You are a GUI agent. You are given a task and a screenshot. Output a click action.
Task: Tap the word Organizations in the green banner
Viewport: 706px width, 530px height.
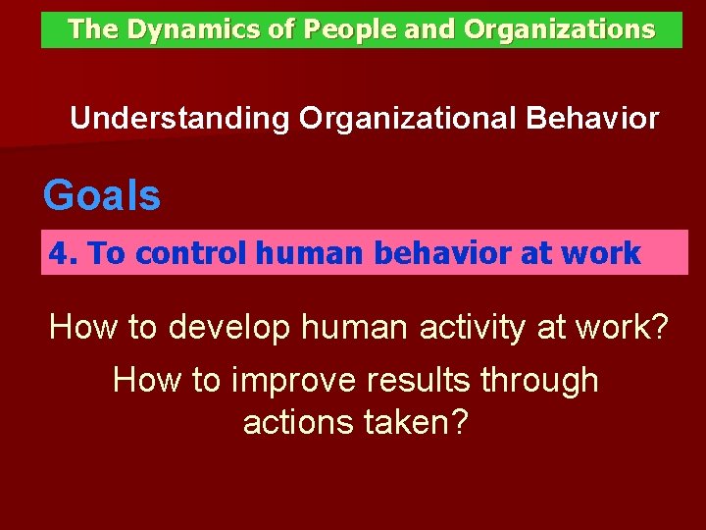[559, 29]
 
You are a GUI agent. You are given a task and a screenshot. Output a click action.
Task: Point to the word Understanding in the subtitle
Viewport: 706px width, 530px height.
[180, 120]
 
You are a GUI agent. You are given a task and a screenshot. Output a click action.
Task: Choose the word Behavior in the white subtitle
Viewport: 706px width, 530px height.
[592, 119]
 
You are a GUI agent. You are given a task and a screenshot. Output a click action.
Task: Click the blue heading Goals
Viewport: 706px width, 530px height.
[102, 196]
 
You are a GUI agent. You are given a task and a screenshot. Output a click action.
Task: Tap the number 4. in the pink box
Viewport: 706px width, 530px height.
[64, 254]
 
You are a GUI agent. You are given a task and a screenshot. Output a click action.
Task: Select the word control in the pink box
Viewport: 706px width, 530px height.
[190, 254]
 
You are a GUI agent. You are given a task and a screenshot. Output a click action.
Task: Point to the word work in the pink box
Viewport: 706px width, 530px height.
[602, 254]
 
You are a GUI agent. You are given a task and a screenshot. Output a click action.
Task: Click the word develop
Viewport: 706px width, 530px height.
[229, 328]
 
